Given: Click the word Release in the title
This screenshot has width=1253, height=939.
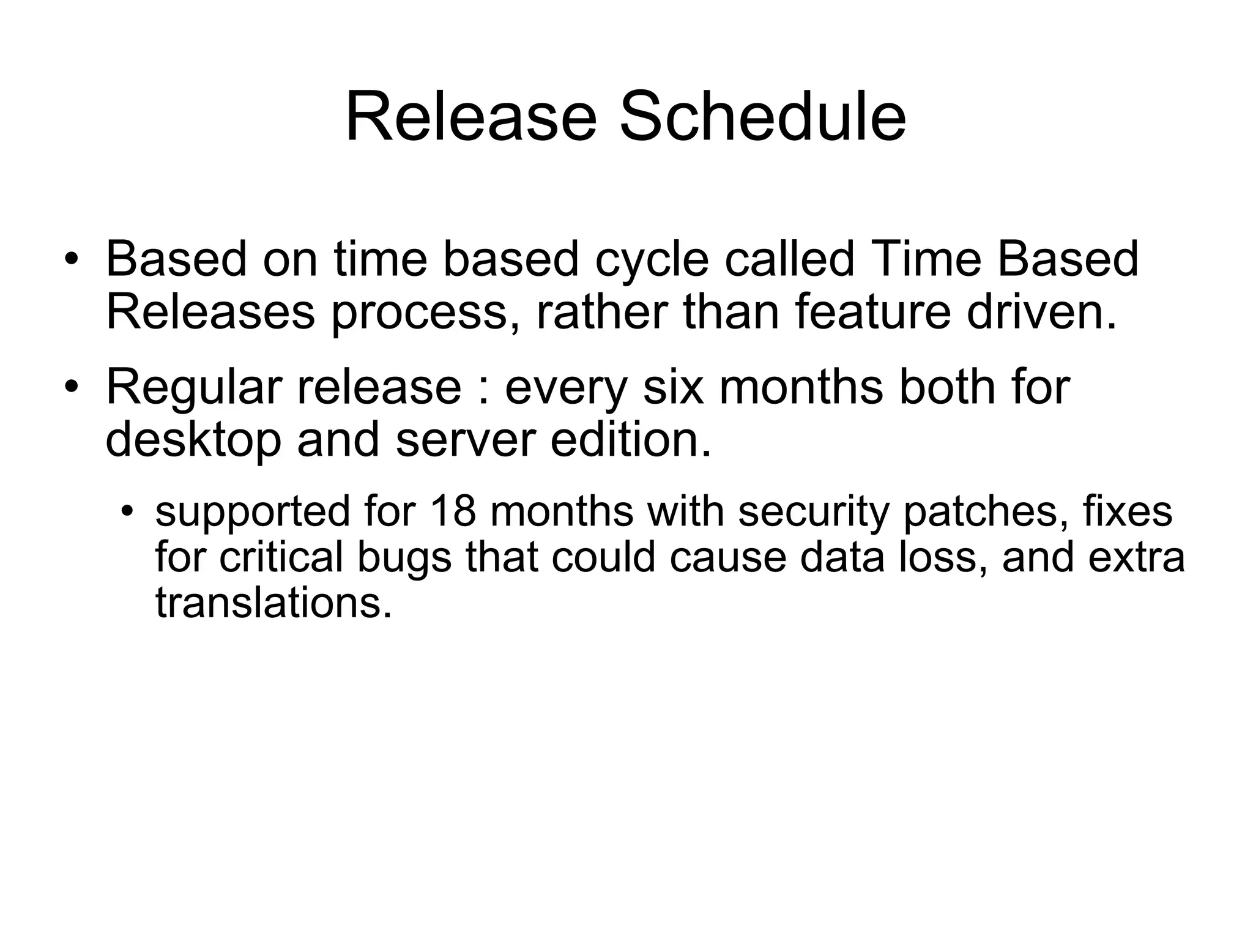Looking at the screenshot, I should coord(470,117).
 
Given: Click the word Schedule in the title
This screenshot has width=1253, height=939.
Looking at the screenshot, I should coord(762,117).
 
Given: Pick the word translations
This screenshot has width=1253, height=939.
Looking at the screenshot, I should coord(273,603).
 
